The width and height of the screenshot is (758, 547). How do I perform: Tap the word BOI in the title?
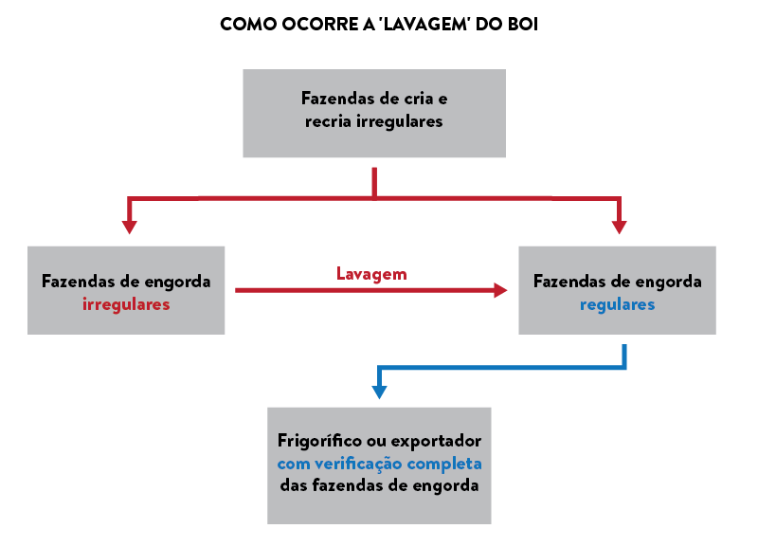pyautogui.click(x=523, y=24)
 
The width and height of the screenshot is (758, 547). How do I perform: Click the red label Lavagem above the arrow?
pyautogui.click(x=371, y=274)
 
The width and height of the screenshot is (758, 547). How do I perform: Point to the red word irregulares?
pyautogui.click(x=126, y=304)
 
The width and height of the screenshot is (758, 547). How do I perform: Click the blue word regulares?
pyautogui.click(x=617, y=304)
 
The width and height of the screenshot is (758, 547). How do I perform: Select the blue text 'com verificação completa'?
pyautogui.click(x=379, y=464)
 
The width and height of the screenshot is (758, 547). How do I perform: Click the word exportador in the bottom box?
pyautogui.click(x=439, y=441)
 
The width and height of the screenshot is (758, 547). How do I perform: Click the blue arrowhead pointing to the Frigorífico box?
pyautogui.click(x=379, y=392)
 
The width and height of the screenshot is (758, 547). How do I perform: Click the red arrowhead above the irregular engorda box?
pyautogui.click(x=130, y=227)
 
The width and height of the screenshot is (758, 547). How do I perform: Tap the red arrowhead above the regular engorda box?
pyautogui.click(x=619, y=227)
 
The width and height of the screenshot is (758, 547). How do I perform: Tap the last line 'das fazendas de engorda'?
pyautogui.click(x=379, y=485)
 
